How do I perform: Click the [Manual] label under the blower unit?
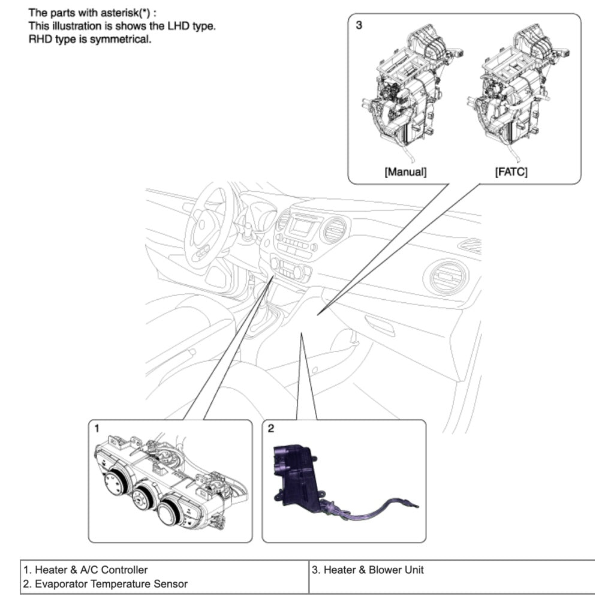click(405, 172)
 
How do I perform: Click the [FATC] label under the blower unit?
click(511, 172)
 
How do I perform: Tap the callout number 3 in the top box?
click(359, 26)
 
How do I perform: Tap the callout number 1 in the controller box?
click(97, 428)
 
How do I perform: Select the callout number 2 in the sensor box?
click(271, 428)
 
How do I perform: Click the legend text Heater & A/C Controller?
click(85, 570)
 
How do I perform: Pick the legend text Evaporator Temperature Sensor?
click(105, 583)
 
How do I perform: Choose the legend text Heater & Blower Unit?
click(368, 570)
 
